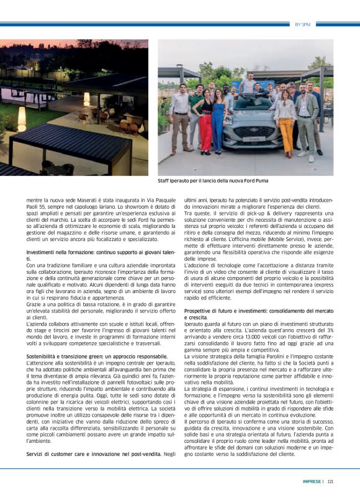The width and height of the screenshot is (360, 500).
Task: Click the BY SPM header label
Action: pyautogui.click(x=302, y=24)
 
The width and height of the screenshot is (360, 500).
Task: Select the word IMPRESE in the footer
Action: pyautogui.click(x=312, y=481)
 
